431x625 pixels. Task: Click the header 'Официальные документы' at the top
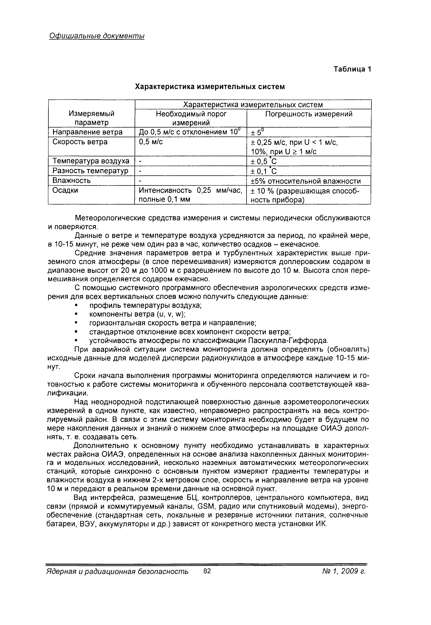tap(97, 36)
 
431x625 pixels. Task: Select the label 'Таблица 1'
tap(352, 69)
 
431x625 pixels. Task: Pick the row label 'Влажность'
tap(71, 180)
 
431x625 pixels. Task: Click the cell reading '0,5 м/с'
tap(151, 142)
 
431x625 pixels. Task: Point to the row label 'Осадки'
tap(65, 190)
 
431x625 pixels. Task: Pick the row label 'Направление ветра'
tap(88, 132)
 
